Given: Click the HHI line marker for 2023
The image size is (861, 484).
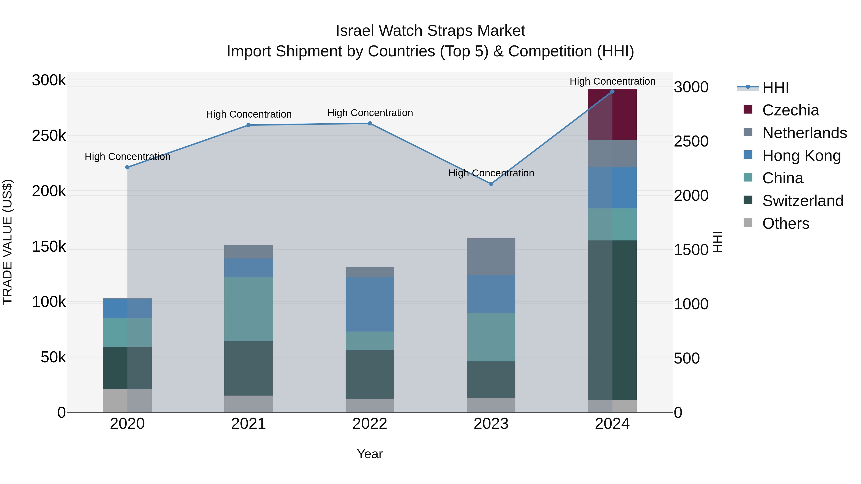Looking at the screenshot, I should (491, 184).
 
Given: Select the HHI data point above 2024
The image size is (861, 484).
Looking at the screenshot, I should (612, 92).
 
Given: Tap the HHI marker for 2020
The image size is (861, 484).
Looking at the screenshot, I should (127, 167).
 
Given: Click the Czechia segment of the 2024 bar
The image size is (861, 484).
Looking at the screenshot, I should (612, 114).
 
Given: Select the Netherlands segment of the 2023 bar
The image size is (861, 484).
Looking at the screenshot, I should (491, 256).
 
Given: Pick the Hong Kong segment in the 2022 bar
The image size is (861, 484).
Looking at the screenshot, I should (370, 304).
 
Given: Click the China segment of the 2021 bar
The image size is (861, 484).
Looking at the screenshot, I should (248, 309).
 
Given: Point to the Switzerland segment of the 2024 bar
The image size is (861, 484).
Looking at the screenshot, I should (612, 320).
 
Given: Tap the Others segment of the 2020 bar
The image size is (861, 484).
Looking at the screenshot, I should (127, 401).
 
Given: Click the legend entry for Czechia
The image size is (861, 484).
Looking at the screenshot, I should (790, 110).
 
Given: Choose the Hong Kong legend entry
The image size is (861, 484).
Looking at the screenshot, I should (801, 156).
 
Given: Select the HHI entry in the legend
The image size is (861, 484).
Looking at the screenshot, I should (775, 87).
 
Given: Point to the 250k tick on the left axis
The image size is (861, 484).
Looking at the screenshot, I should (49, 136).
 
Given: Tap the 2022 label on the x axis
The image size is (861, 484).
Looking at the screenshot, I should (370, 424).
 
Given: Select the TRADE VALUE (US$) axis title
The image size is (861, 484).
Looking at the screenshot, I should (7, 242).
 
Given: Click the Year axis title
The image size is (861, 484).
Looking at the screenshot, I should (370, 454).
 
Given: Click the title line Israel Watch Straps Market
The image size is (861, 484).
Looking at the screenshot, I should (430, 31).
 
